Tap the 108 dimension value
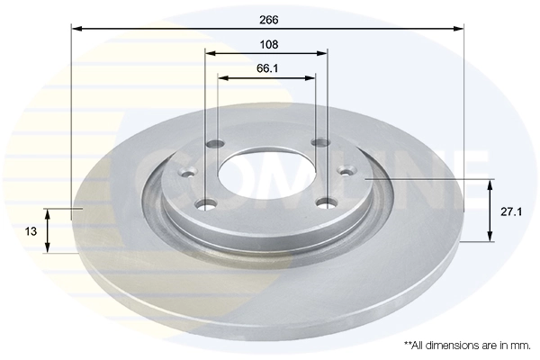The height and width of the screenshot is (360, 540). pyautogui.click(x=268, y=44)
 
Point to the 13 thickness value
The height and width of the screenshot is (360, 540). pyautogui.click(x=31, y=231)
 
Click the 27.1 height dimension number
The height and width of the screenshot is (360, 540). pyautogui.click(x=512, y=211)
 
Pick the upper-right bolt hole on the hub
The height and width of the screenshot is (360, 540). pyautogui.click(x=317, y=142)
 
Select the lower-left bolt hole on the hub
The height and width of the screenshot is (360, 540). pyautogui.click(x=209, y=203)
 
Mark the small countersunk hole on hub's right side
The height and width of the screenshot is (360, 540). pyautogui.click(x=346, y=171)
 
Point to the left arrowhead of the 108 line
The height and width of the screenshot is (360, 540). pyautogui.click(x=210, y=53)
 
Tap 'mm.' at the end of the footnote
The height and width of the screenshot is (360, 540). pyautogui.click(x=519, y=345)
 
